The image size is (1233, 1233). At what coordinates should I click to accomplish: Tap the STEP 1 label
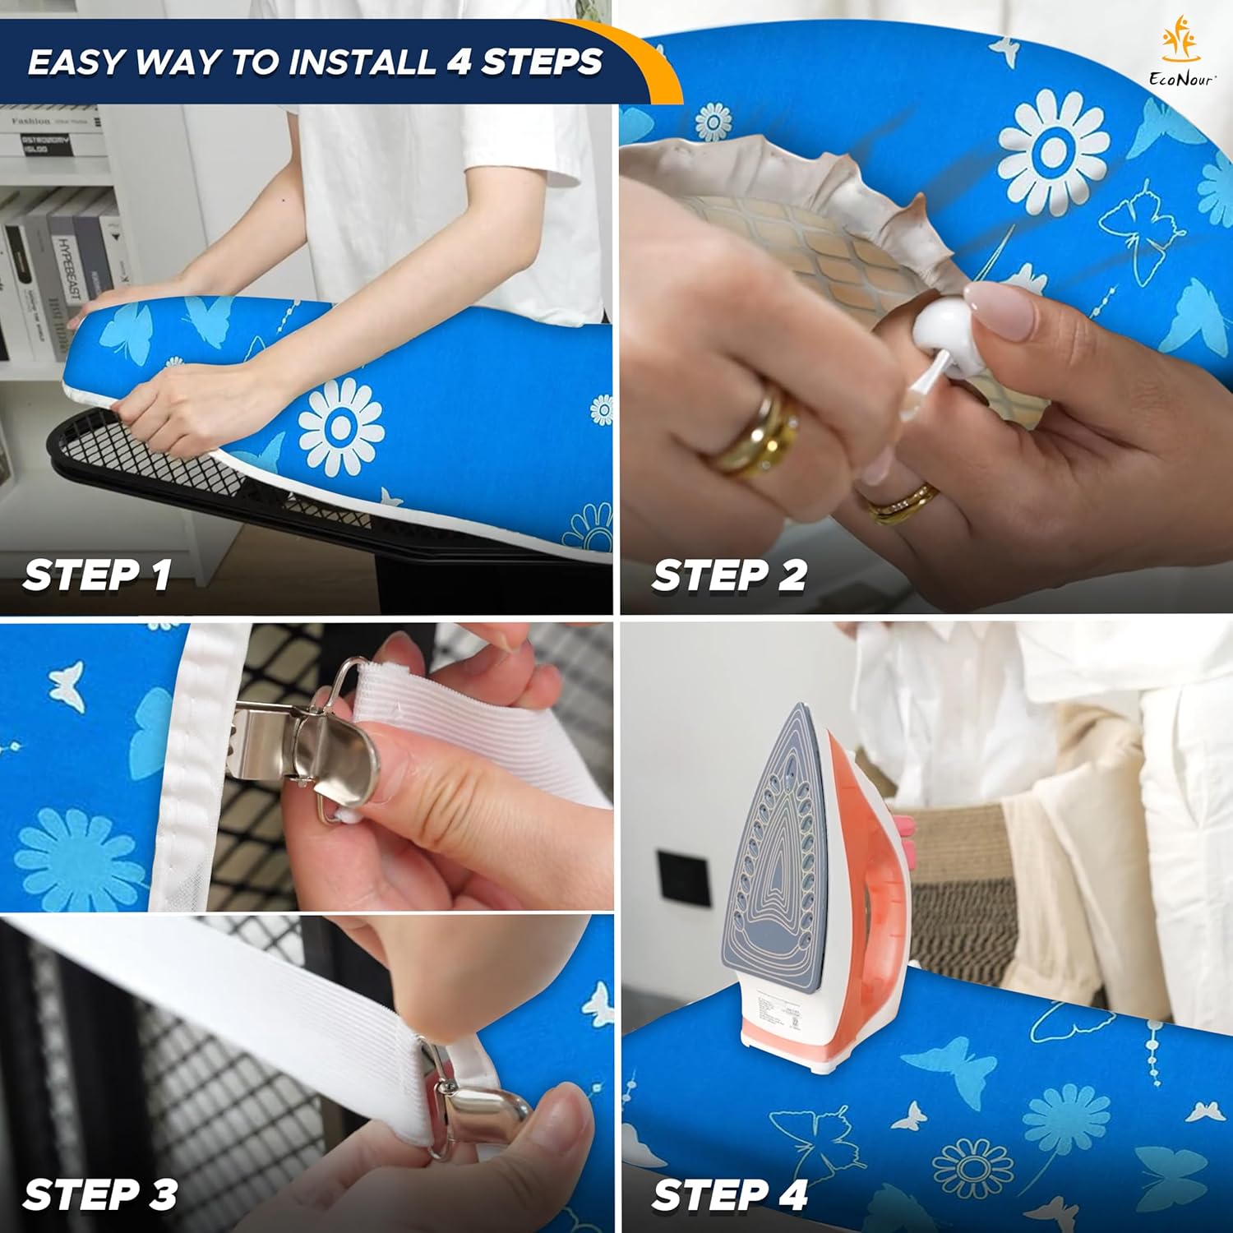[97, 575]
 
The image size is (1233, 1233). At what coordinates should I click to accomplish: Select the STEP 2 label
[729, 575]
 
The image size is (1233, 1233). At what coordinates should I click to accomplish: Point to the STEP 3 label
[100, 1194]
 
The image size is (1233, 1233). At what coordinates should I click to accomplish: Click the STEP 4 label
[729, 1194]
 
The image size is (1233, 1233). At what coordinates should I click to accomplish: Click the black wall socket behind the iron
[683, 878]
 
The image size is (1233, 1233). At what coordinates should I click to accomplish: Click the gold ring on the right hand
[904, 503]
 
